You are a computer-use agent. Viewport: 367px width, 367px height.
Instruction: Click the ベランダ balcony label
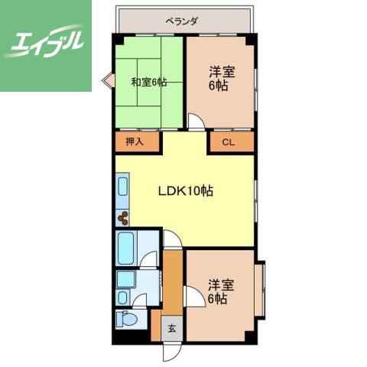(181, 21)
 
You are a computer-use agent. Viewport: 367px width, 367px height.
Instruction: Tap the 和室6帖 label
(149, 82)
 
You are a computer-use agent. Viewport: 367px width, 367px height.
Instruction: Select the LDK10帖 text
(186, 190)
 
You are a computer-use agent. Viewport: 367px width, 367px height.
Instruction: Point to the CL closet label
(228, 142)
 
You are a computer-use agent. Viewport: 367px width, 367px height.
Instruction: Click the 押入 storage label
(135, 141)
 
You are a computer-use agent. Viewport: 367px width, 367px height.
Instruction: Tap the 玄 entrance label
(172, 329)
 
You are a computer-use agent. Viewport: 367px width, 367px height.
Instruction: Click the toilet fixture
(127, 319)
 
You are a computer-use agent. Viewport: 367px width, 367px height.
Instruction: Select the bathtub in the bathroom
(126, 248)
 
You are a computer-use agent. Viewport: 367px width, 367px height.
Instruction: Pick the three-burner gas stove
(123, 219)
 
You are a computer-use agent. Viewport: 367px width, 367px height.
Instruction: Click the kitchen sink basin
(123, 187)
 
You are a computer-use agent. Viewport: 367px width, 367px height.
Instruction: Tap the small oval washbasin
(123, 297)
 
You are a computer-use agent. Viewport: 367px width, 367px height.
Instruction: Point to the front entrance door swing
(172, 351)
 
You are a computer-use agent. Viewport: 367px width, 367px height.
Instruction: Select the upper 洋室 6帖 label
(221, 79)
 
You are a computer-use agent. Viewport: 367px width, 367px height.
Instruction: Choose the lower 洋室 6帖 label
(221, 291)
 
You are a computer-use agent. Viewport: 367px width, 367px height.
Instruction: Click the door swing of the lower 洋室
(195, 297)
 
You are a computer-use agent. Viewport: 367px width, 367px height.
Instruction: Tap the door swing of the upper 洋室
(196, 122)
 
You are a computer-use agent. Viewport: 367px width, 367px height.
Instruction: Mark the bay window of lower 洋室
(260, 290)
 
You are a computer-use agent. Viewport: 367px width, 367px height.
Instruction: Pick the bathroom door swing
(148, 259)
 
